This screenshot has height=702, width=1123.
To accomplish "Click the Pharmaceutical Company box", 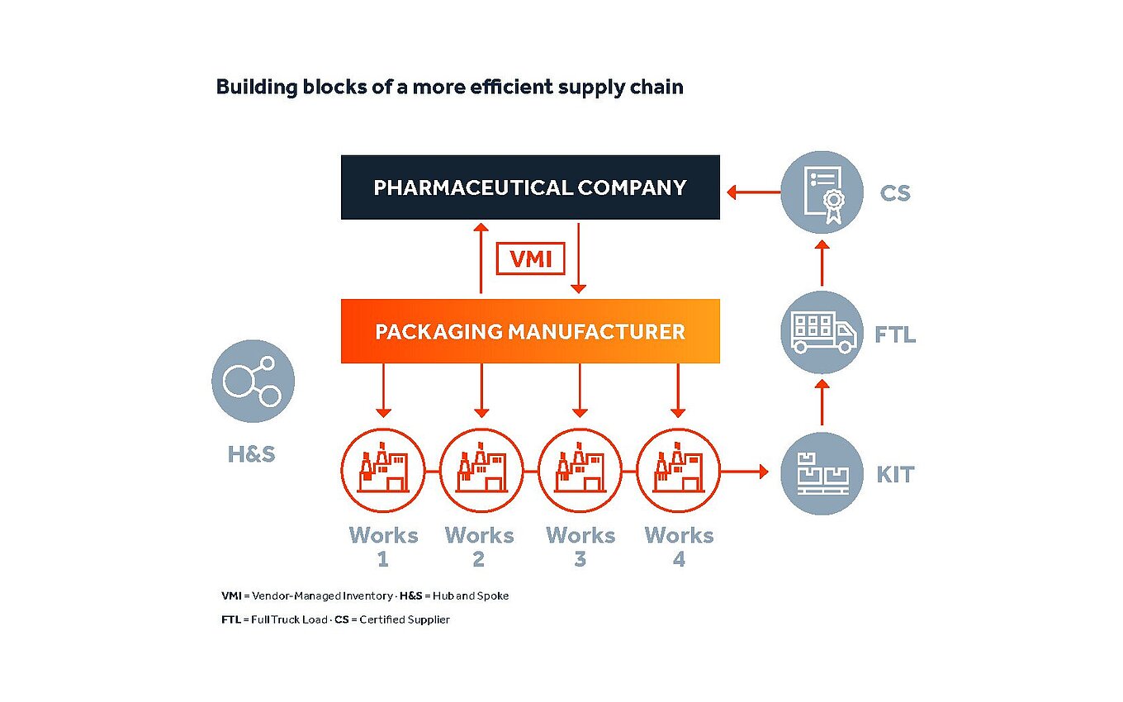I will point(530,187).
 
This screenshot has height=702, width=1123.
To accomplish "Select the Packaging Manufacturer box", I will point(530,331).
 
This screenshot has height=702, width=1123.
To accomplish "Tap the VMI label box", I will point(530,259).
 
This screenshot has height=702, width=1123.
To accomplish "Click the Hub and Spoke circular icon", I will point(253,381).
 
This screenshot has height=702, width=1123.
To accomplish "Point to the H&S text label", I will point(252,453).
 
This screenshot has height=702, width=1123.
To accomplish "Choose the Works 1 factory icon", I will point(382,472).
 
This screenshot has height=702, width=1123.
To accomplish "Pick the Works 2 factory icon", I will point(481,472).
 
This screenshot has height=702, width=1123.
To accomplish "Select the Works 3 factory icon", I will point(580,472).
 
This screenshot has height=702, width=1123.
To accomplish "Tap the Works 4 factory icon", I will point(678,472).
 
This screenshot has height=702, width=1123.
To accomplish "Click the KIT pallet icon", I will point(822,473).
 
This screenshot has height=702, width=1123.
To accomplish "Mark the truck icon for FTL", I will point(822,332).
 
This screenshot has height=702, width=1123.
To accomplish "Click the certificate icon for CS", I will point(822,192).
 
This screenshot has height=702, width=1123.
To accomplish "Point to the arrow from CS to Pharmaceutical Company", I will point(752,193).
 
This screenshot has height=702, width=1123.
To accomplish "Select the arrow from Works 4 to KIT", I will point(744,472).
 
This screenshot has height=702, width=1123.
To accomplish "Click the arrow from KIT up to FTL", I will point(822,402).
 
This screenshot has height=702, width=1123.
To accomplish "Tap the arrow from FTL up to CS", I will point(822,263).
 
